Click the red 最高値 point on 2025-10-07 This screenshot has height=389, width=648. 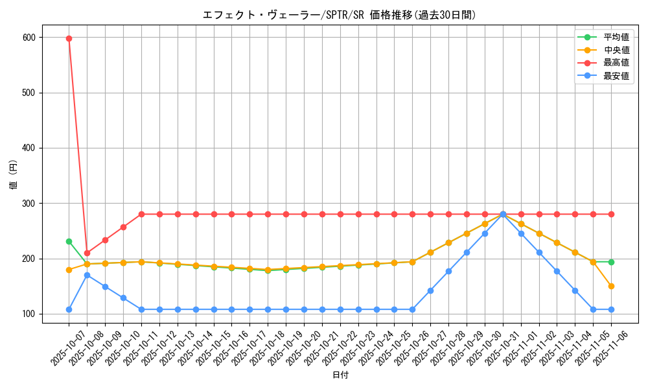click(x=69, y=38)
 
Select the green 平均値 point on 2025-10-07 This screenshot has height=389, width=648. click(x=69, y=241)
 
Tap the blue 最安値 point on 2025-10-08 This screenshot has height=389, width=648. click(x=87, y=275)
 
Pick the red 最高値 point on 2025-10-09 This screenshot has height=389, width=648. click(x=105, y=240)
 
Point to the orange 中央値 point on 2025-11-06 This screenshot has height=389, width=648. click(x=611, y=286)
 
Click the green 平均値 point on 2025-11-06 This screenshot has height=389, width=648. click(x=611, y=262)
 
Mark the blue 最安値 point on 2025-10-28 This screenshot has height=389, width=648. click(x=448, y=271)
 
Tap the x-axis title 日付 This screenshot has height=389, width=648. click(x=340, y=375)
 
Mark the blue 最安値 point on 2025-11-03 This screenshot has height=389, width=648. click(x=557, y=271)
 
